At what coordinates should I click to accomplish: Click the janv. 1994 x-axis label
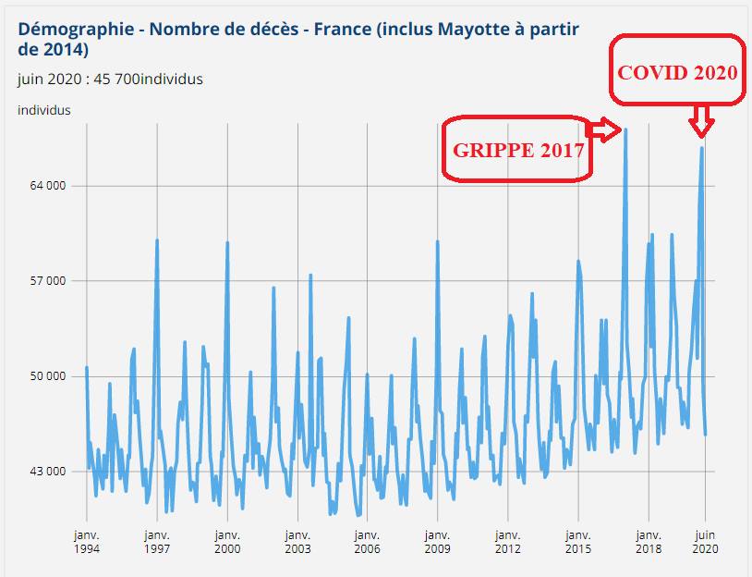(87, 541)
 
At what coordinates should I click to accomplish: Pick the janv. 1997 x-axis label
(157, 541)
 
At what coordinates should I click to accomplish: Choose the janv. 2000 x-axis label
(227, 541)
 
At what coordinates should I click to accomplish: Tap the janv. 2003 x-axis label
(297, 541)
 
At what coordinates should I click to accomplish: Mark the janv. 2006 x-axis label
(368, 541)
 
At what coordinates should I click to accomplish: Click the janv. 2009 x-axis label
(438, 541)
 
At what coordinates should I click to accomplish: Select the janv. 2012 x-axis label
(508, 541)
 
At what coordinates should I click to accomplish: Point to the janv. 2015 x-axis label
(578, 541)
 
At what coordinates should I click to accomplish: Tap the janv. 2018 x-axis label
(649, 541)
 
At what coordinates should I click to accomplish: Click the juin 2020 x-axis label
(705, 541)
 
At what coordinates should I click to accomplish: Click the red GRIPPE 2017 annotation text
(517, 150)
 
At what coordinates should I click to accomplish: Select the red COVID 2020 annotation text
(678, 72)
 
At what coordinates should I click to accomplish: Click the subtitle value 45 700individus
(147, 79)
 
